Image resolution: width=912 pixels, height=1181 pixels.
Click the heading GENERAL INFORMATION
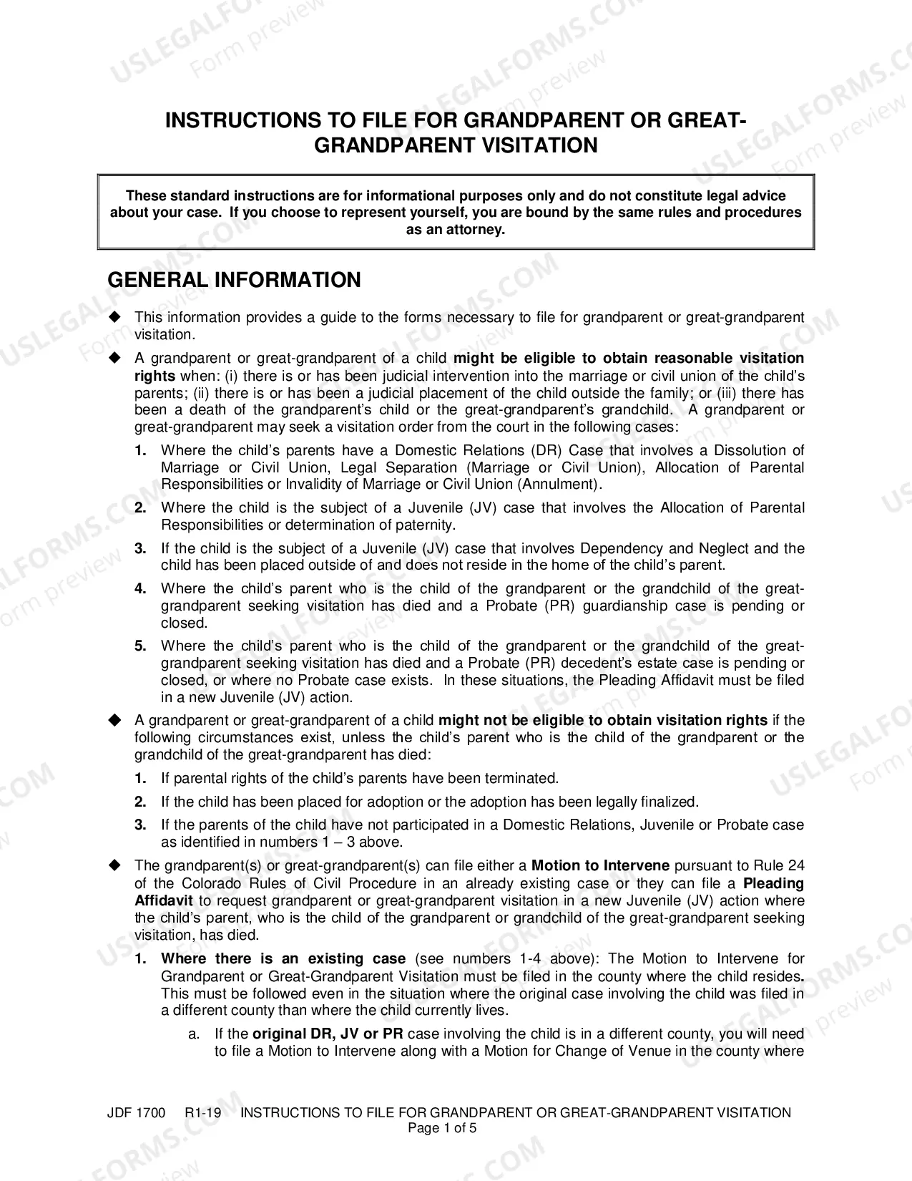pyautogui.click(x=234, y=280)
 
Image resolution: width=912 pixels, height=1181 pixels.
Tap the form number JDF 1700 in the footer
pyautogui.click(x=136, y=1113)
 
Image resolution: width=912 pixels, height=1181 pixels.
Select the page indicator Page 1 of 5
pyautogui.click(x=441, y=1129)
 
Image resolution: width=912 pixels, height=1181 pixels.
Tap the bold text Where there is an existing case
pyautogui.click(x=283, y=959)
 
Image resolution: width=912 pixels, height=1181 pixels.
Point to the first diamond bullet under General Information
pyautogui.click(x=115, y=317)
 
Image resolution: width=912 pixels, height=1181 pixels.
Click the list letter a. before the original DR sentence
pyautogui.click(x=193, y=1034)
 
